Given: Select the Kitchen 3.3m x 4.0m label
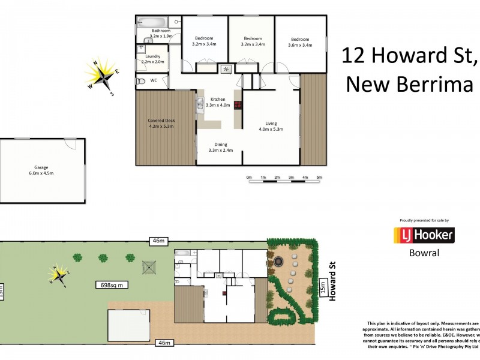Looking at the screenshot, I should click(217, 102).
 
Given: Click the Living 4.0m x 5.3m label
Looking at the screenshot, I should click(271, 126).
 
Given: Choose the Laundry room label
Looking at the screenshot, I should click(152, 58).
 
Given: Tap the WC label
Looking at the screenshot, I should click(154, 80).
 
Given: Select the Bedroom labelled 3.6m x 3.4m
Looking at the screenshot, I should click(299, 41).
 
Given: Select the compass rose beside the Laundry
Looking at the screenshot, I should click(100, 76).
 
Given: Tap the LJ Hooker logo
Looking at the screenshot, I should click(423, 235).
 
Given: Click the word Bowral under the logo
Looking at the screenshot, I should click(423, 253).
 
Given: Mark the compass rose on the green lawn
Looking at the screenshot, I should click(59, 275).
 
